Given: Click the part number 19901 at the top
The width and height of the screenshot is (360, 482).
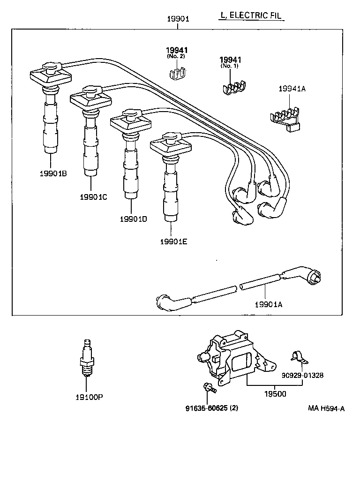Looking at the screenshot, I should coord(178,19).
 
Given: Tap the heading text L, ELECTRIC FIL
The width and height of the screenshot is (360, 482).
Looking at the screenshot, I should coord(251,15).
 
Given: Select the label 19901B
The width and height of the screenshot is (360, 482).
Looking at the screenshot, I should coord(53,173).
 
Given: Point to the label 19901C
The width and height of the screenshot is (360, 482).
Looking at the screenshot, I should coord(93,196).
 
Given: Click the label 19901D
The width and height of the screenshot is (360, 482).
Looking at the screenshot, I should coord(133,219).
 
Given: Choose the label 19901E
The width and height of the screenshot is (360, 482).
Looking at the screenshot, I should coord(173,241).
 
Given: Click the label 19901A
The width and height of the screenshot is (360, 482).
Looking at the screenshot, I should coord(268,304).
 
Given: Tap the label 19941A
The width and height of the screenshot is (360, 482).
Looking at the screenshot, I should coord(292,89).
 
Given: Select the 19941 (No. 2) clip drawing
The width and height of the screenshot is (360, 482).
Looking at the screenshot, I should coord(177,73).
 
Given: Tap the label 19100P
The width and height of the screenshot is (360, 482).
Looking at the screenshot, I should coord(89,397).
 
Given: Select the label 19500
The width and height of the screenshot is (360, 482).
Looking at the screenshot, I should coord(275,394).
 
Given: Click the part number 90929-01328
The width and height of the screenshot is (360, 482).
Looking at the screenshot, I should coord(302,375).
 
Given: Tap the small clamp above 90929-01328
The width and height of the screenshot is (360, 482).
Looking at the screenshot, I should coord(297,358).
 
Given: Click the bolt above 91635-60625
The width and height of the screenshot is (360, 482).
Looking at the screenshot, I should coord(209,388).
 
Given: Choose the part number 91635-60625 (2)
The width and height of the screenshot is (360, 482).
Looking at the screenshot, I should coord(212,408).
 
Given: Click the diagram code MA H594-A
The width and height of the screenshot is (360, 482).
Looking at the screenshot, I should coord(326,408).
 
